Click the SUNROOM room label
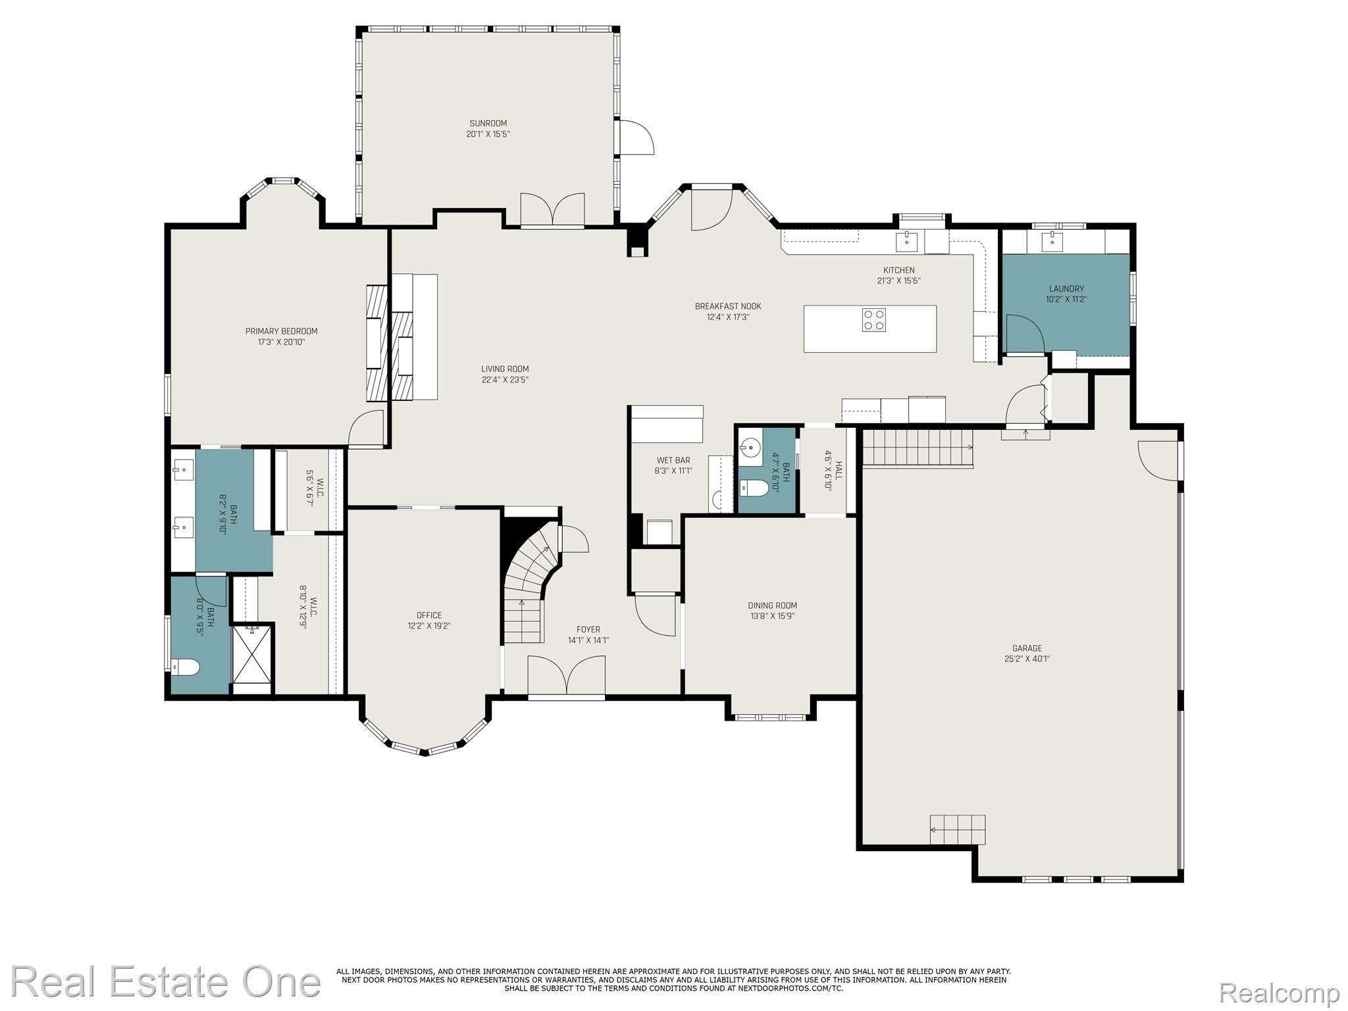coord(488,123)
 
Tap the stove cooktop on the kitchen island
coord(873,320)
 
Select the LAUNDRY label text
coord(1066,288)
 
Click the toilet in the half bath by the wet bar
coord(754,488)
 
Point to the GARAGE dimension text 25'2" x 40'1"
coord(1027,658)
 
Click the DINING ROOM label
coord(772,606)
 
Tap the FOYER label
coord(588,629)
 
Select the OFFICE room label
coord(428,615)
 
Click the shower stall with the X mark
coord(251,656)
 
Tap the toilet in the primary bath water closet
coord(185,667)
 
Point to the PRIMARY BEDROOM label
coord(281,331)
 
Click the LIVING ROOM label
coord(505,369)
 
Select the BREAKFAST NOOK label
coord(728,306)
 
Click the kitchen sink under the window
coord(908,240)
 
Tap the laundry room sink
coord(1052,240)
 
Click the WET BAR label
coord(673,460)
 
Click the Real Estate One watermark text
coord(166,982)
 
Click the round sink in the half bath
coord(749,448)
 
